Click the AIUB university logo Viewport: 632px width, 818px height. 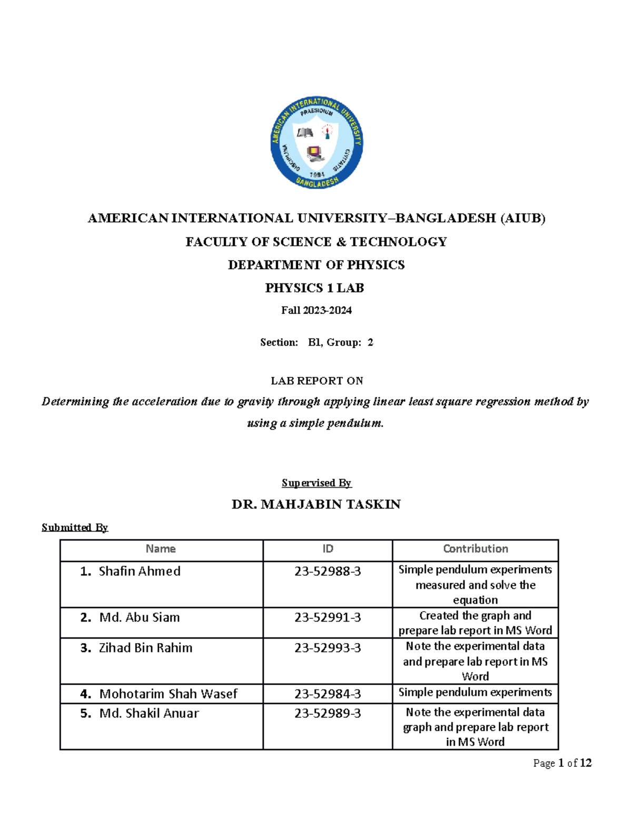pos(316,142)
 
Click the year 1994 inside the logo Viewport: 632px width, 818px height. pos(317,174)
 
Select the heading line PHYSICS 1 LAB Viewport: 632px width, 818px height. pos(314,288)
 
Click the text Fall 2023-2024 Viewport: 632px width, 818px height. pos(316,310)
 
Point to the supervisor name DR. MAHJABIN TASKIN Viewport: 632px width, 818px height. pos(316,505)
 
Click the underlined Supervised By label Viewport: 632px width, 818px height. pos(316,483)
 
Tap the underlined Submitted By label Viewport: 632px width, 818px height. pos(75,527)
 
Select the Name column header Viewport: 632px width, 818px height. pos(161,549)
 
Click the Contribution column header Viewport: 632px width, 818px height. pos(475,549)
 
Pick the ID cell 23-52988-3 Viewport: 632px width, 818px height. pos(328,571)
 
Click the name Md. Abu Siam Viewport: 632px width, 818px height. pos(139,617)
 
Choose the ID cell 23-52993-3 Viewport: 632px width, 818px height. pos(328,648)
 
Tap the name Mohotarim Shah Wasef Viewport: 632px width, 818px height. pos(168,694)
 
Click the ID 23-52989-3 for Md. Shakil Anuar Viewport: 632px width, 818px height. pos(328,713)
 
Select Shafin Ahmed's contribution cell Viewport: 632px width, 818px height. pos(475,585)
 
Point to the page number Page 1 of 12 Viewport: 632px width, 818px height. pos(562,763)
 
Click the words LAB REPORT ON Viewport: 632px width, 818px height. pos(317,381)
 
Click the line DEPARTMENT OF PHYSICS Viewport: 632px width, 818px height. pos(316,265)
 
